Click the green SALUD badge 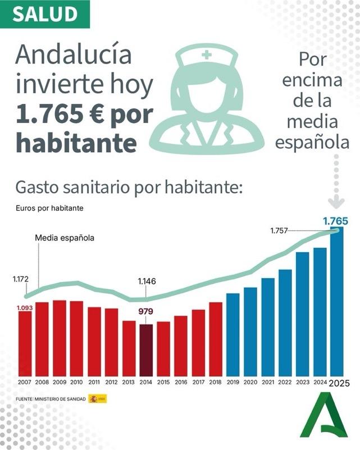45,14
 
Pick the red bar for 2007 25,343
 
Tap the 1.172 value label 21,278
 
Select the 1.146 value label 147,281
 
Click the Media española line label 65,238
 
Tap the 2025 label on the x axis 339,383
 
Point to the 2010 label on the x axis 76,382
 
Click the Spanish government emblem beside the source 93,399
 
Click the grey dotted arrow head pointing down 336,202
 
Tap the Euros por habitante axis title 49,208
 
